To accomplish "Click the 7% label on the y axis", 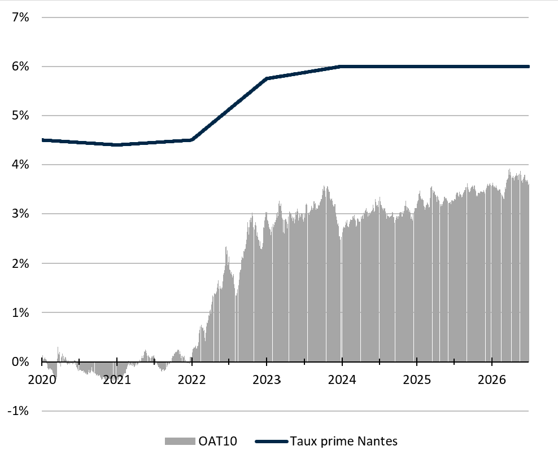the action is click(x=20, y=17).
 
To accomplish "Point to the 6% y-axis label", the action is click(x=20, y=67).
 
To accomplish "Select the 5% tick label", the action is click(x=20, y=116).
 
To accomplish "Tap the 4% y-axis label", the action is click(x=20, y=165).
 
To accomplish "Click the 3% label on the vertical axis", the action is click(x=20, y=214).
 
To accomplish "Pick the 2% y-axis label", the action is click(x=20, y=263).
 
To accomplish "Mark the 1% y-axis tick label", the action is click(x=20, y=312).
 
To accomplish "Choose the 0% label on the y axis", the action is click(x=20, y=361).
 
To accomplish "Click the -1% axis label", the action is click(x=18, y=411).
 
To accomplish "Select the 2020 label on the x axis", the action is click(x=42, y=380).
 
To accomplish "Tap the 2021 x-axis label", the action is click(x=117, y=380).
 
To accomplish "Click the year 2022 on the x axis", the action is click(x=192, y=380).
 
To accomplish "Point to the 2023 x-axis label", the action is click(x=267, y=380).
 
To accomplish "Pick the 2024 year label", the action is click(x=342, y=380).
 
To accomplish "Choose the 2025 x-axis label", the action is click(x=417, y=380).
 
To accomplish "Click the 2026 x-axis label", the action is click(x=492, y=380).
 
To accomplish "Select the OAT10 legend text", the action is click(x=218, y=441).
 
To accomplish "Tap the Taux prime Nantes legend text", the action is click(x=344, y=441).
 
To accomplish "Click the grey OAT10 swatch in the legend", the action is click(x=180, y=441).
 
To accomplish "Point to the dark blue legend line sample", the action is click(x=272, y=442).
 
